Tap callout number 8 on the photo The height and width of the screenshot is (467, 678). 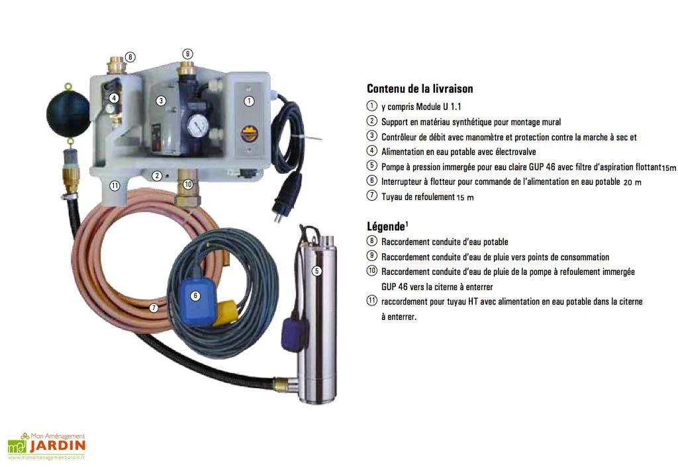[x=130, y=57]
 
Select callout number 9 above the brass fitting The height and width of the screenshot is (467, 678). [x=188, y=53]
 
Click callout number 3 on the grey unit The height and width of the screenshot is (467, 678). [x=160, y=101]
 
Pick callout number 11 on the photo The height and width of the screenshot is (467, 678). [x=115, y=185]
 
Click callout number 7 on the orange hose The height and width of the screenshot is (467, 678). [x=154, y=307]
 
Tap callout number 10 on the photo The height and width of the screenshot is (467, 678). [x=188, y=184]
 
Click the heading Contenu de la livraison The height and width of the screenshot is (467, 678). [x=420, y=89]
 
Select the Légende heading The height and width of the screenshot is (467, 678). [x=387, y=227]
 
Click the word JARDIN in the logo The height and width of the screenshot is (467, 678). [x=58, y=445]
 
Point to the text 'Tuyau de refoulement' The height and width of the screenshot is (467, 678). [x=418, y=196]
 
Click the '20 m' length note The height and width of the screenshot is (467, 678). [x=633, y=182]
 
